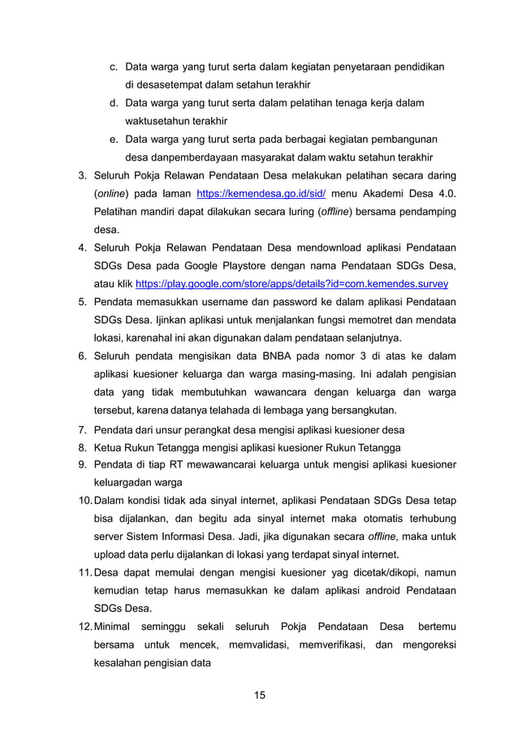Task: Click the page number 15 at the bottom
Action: tap(260, 695)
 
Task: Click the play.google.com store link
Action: tap(291, 284)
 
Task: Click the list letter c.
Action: tap(113, 67)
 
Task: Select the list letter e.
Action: tap(113, 139)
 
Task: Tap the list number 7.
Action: tap(82, 429)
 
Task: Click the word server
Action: tap(110, 537)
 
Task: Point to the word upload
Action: tap(110, 555)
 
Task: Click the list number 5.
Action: tap(82, 302)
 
